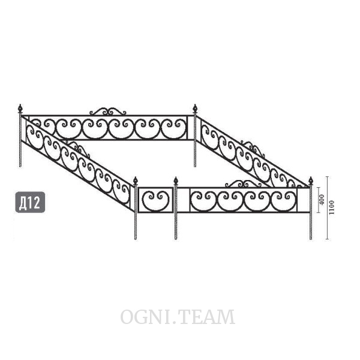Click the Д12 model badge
pyautogui.click(x=30, y=202)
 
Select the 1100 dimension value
pyautogui.click(x=332, y=208)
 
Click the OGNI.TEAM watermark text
pyautogui.click(x=178, y=317)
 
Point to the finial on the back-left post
pyautogui.click(x=20, y=108)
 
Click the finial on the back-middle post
pyautogui.click(x=195, y=108)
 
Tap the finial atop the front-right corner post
pyautogui.click(x=311, y=181)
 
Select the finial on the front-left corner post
pyautogui.click(x=136, y=181)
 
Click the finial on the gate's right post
pyautogui.click(x=176, y=181)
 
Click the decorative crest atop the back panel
pyautogui.click(x=107, y=111)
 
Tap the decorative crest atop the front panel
pyautogui.click(x=243, y=184)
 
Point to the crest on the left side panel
pyautogui.click(x=77, y=149)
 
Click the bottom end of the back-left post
pyautogui.click(x=20, y=166)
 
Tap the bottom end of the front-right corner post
pyautogui.click(x=311, y=239)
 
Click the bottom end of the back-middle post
pyautogui.click(x=195, y=166)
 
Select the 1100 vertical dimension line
pyautogui.click(x=328, y=208)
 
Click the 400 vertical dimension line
pyautogui.click(x=318, y=200)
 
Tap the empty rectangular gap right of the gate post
pyautogui.click(x=184, y=200)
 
